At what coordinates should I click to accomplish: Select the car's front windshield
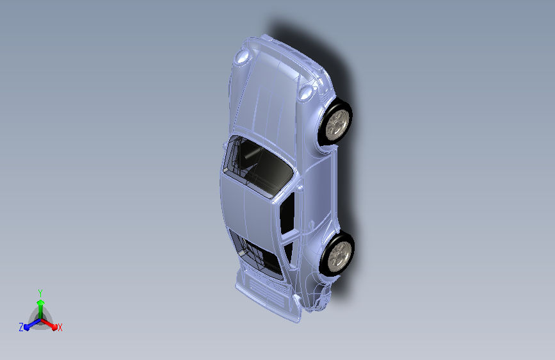click(258, 163)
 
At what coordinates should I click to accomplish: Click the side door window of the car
click(287, 212)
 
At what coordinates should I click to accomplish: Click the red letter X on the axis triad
click(60, 328)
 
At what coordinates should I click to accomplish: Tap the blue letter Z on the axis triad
click(21, 327)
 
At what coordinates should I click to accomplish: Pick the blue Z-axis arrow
click(29, 325)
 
